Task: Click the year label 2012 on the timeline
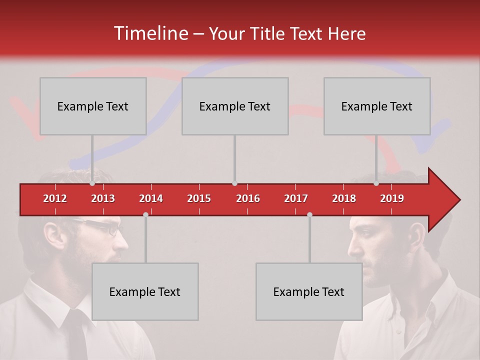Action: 55,198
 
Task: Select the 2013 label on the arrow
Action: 103,198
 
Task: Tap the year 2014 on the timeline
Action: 151,198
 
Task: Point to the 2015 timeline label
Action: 199,198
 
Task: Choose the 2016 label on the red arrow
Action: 248,198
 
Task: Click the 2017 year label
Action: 296,198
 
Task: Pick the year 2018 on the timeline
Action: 344,198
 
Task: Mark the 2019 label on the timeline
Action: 392,198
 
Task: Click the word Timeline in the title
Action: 150,33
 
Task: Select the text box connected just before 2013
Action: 93,106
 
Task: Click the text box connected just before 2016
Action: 235,106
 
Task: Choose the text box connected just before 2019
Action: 377,106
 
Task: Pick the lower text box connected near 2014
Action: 145,291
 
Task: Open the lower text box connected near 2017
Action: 309,291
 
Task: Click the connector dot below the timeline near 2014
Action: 145,214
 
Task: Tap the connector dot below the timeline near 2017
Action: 309,214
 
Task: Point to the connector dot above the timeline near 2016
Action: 234,183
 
